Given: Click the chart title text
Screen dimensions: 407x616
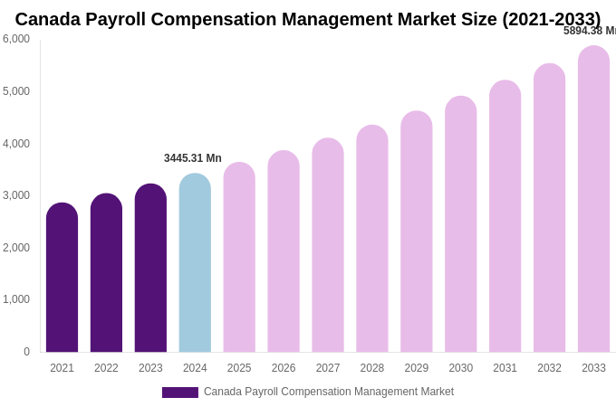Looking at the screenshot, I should (308, 19).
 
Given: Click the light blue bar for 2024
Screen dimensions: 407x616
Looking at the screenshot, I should (195, 263).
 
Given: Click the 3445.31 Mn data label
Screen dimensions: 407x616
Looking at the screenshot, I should (193, 158).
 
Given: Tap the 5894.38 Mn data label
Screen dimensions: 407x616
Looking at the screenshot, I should (590, 31).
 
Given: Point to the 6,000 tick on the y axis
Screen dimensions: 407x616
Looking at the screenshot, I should (16, 39).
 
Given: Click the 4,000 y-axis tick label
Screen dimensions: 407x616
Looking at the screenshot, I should (16, 143).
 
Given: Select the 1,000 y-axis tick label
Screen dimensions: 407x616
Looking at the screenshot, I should (16, 299).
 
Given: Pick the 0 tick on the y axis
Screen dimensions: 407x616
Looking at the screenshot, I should (26, 352).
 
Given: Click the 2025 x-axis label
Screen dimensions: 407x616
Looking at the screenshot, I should (239, 368).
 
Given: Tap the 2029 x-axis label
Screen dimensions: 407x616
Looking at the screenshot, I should (417, 368).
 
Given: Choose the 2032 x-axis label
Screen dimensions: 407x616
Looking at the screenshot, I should (549, 368).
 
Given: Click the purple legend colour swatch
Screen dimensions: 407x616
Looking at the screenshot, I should (180, 393).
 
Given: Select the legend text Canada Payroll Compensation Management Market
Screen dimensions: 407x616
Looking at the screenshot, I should (329, 392).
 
